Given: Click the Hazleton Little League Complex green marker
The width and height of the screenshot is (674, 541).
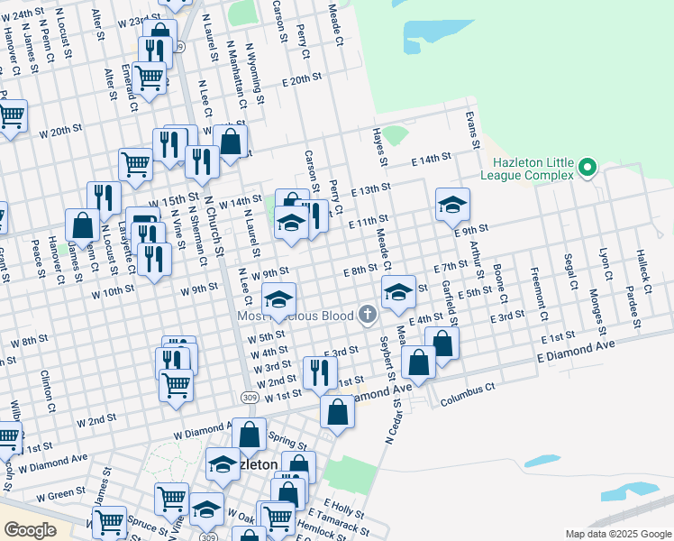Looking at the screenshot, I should [587, 167].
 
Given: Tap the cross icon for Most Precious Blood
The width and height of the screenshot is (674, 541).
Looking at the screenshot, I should [366, 315].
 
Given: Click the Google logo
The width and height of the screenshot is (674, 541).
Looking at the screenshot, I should [30, 529].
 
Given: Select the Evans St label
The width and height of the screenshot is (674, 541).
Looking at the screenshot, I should [470, 130].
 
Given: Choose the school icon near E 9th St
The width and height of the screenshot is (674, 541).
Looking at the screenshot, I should [452, 205].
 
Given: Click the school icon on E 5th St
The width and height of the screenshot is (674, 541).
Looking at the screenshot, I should [398, 291].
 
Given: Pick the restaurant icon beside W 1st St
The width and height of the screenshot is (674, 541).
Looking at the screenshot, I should [320, 371].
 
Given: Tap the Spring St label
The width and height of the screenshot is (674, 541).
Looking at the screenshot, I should [287, 442].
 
